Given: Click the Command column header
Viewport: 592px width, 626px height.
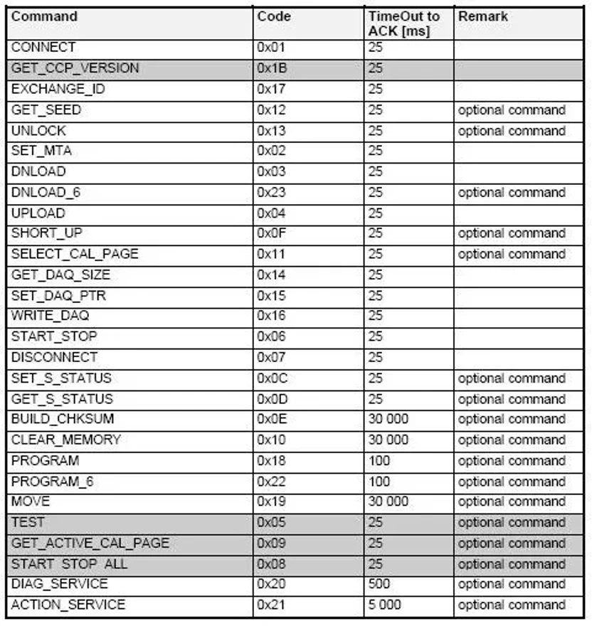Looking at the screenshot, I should coord(44,16).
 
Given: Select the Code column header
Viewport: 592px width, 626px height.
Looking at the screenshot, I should coord(274,16).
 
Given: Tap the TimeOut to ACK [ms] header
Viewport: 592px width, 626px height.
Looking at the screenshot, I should coord(403,23).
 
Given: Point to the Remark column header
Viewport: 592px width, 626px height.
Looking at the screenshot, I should coord(483,16).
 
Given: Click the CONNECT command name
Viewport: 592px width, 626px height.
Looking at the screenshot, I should coord(43,48).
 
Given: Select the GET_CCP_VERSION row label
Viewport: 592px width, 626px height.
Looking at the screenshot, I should coord(75,69).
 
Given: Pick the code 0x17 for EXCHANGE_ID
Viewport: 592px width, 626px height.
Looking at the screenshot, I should coord(271,90).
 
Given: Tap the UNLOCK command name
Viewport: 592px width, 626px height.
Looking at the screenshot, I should coord(38,131).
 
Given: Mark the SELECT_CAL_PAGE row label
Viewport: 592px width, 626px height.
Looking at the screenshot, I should coord(75,254).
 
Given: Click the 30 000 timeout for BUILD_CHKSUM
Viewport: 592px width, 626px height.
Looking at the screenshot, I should coord(388,419).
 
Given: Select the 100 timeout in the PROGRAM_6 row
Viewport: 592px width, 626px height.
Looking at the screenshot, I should coord(379,482).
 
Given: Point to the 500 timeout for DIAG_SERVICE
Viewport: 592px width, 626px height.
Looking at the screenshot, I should coord(379,584).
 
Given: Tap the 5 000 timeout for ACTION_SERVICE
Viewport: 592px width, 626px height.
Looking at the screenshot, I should coord(384,605).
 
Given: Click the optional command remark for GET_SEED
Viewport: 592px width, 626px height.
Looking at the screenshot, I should coord(512,110).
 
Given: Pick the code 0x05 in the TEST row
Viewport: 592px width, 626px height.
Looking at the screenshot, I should coord(271,522).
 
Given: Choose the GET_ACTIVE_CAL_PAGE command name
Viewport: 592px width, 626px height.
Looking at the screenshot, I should coord(90,543).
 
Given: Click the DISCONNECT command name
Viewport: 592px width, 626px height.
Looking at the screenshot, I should coord(54,357).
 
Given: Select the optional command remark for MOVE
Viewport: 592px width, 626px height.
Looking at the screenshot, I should coord(512,502).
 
